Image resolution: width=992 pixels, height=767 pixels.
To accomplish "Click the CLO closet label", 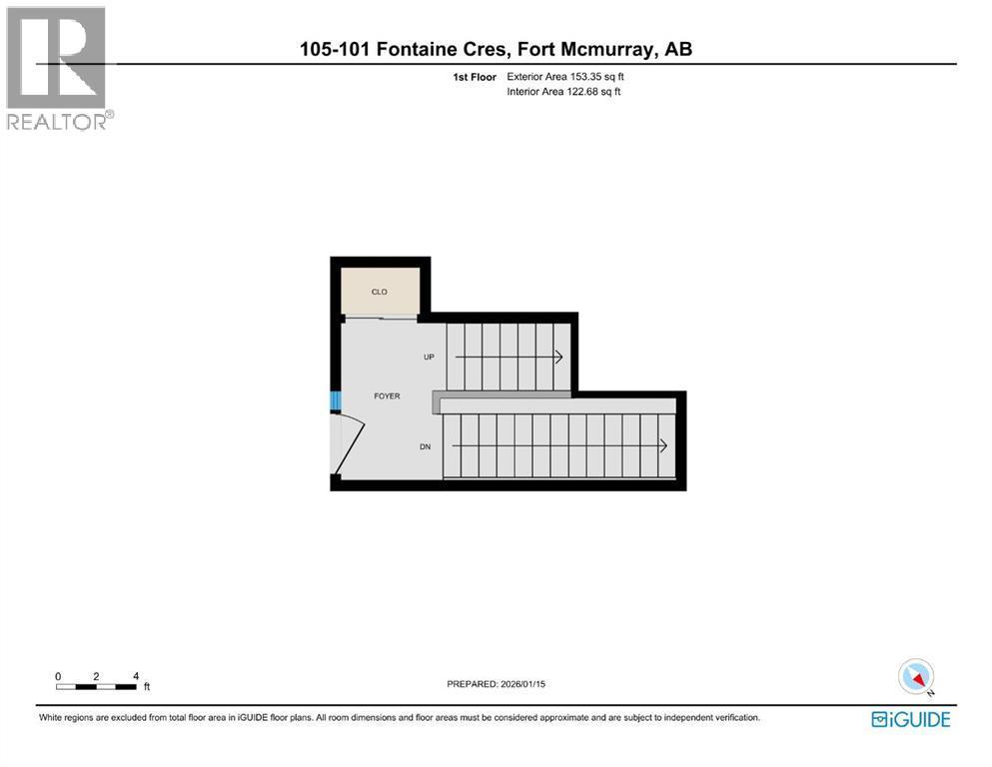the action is click(x=379, y=292).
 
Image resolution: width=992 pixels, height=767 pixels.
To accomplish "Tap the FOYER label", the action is click(x=387, y=395).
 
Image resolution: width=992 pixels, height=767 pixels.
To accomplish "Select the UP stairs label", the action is click(x=429, y=357).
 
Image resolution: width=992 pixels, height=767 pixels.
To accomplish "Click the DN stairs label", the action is click(x=426, y=446).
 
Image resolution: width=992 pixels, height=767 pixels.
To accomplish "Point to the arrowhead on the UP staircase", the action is click(x=559, y=357).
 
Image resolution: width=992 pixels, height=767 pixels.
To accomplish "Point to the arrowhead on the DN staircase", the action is click(x=663, y=445).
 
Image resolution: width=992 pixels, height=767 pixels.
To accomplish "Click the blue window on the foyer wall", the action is click(x=336, y=400).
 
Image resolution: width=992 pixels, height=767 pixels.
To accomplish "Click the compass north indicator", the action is click(x=916, y=677).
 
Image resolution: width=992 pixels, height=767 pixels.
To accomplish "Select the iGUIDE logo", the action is click(x=910, y=720).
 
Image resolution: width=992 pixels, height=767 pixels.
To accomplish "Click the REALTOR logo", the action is click(x=58, y=68).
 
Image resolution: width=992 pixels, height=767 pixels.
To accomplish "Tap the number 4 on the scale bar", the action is click(x=136, y=676).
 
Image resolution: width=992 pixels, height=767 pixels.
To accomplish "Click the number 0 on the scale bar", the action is click(x=58, y=676).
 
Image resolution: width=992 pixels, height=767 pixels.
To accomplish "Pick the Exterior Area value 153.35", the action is click(x=585, y=77).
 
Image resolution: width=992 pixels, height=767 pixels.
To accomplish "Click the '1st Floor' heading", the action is click(x=475, y=77).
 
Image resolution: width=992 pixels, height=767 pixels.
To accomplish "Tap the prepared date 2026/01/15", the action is click(x=522, y=684).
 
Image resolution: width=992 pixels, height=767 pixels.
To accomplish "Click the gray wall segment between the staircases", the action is click(x=501, y=394).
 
